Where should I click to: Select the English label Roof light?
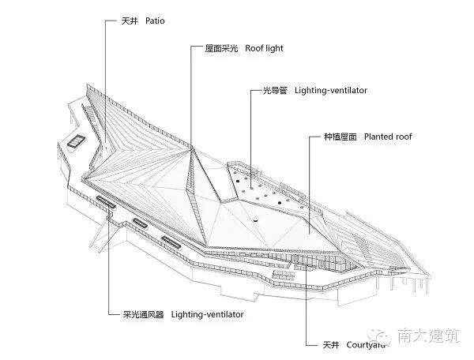(x=263, y=49)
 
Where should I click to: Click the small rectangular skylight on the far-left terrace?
(x=77, y=141)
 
